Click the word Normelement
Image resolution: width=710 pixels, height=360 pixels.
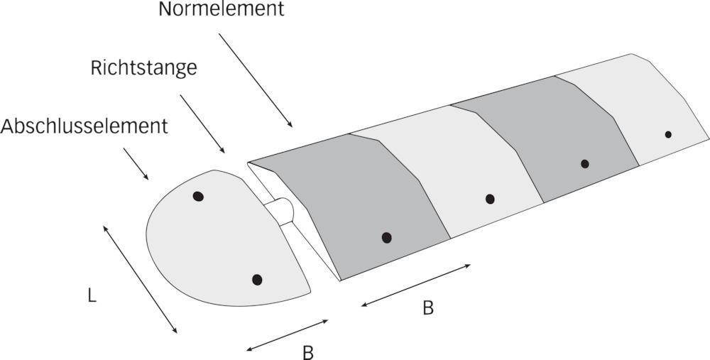coord(221,10)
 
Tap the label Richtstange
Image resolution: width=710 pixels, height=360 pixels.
coord(143,68)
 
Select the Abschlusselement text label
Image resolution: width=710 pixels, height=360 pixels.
coord(84,126)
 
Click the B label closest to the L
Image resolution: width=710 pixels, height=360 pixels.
coord(307,352)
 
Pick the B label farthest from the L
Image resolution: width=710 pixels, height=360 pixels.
coord(428,308)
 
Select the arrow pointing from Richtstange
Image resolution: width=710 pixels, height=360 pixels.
coord(203,122)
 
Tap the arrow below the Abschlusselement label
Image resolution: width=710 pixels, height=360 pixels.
coord(136,164)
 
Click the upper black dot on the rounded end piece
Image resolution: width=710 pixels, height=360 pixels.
coord(198,196)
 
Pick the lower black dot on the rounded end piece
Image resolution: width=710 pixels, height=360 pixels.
coord(257,280)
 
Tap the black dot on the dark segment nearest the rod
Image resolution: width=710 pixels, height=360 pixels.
coord(386,237)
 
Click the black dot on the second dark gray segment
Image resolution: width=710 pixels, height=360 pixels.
coord(584,164)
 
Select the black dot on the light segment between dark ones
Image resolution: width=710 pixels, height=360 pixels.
coord(490,199)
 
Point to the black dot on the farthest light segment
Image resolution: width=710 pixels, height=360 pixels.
coord(668,134)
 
